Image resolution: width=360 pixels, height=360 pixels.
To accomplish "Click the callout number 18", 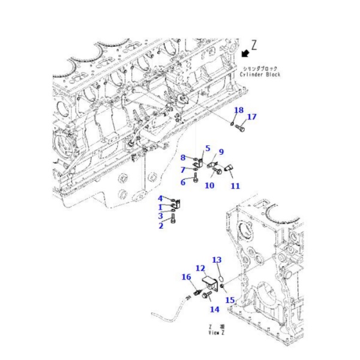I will [x=239, y=110].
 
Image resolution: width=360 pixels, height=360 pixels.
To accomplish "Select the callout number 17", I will [x=252, y=116].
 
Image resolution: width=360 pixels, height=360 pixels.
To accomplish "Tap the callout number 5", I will [x=208, y=148].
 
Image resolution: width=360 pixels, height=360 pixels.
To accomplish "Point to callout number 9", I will [x=221, y=152].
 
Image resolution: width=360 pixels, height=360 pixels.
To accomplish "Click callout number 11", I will [x=235, y=186].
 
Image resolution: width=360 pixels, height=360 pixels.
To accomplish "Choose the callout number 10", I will [x=209, y=185].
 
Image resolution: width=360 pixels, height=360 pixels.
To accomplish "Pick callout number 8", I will [x=183, y=157].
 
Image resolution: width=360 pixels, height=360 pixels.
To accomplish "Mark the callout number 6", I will [x=183, y=182].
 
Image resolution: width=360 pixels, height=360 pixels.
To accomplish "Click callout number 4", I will [x=161, y=199].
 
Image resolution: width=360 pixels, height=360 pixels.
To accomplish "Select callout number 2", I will [x=161, y=226].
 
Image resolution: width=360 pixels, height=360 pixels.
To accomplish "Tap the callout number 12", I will [x=200, y=268].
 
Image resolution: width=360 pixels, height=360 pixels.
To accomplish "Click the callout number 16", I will [x=187, y=277].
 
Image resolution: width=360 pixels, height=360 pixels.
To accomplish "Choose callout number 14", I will [x=214, y=310].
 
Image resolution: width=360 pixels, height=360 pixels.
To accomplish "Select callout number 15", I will [x=230, y=300].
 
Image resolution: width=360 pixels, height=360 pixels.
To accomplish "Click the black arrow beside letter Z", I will [x=245, y=53].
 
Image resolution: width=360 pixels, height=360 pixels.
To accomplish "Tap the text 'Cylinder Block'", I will [x=260, y=74].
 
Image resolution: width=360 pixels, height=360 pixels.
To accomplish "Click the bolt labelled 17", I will [x=241, y=127].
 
